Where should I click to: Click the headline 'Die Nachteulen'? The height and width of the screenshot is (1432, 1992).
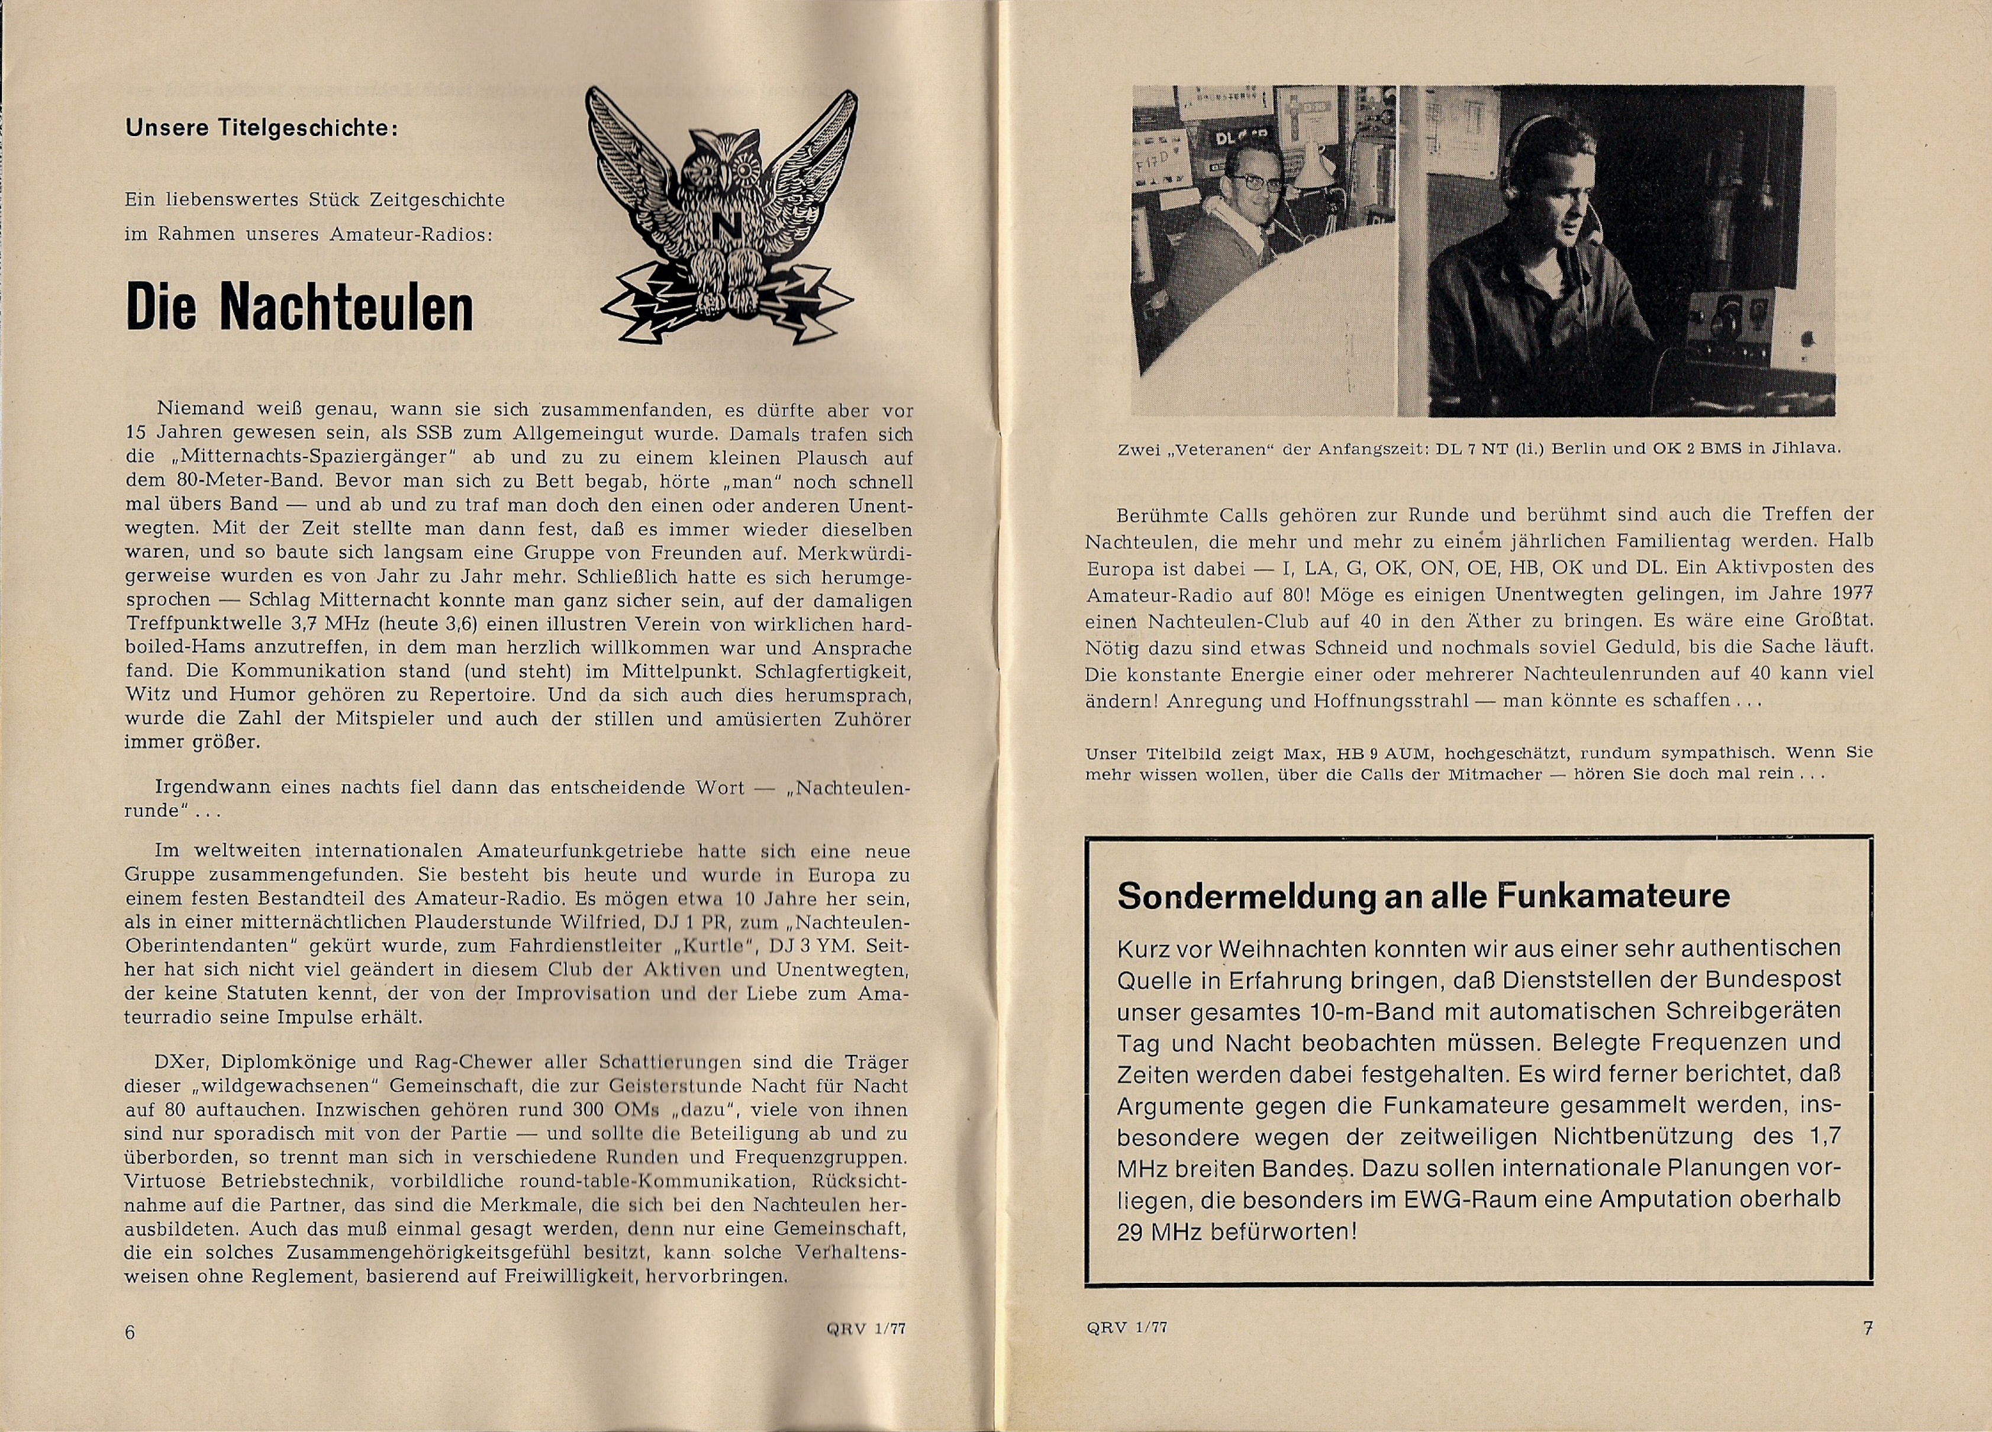(x=299, y=307)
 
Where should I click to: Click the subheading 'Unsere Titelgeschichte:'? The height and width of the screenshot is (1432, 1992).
(x=262, y=128)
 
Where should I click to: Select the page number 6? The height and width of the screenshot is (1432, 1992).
(x=130, y=1331)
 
